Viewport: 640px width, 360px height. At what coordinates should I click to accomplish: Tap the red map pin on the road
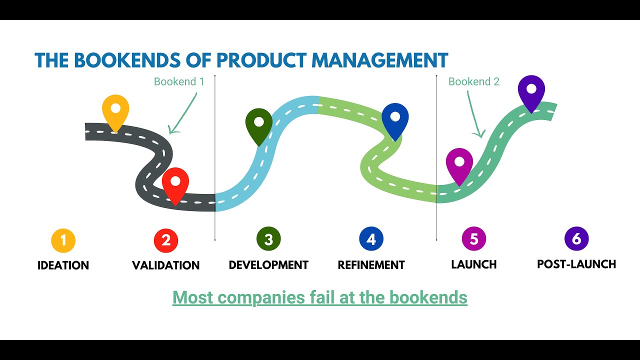click(175, 183)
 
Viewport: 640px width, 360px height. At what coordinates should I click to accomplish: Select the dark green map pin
click(259, 123)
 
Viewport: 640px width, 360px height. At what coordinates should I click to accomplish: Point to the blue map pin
click(395, 119)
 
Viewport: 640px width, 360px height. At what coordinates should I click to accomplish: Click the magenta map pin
click(459, 163)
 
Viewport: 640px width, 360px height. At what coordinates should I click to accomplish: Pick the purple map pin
click(531, 90)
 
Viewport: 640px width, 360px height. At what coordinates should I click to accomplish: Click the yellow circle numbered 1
click(63, 240)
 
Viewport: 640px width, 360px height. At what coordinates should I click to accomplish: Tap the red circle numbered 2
click(166, 240)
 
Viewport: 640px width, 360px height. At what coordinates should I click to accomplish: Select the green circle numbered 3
click(268, 239)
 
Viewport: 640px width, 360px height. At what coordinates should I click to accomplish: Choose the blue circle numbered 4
click(371, 239)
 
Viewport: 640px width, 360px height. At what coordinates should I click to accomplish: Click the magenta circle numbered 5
click(474, 239)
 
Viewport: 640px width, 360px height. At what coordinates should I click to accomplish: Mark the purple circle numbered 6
click(576, 239)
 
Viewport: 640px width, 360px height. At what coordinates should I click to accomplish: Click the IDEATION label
click(63, 265)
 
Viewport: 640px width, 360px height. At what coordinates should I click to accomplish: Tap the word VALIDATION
click(166, 265)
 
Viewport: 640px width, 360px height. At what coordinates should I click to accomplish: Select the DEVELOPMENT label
click(268, 264)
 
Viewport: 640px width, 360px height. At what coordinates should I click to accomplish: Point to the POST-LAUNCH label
click(576, 264)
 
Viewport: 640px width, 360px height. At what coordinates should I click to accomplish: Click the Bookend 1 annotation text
click(179, 81)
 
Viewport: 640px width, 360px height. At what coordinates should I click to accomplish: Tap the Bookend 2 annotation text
click(474, 81)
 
